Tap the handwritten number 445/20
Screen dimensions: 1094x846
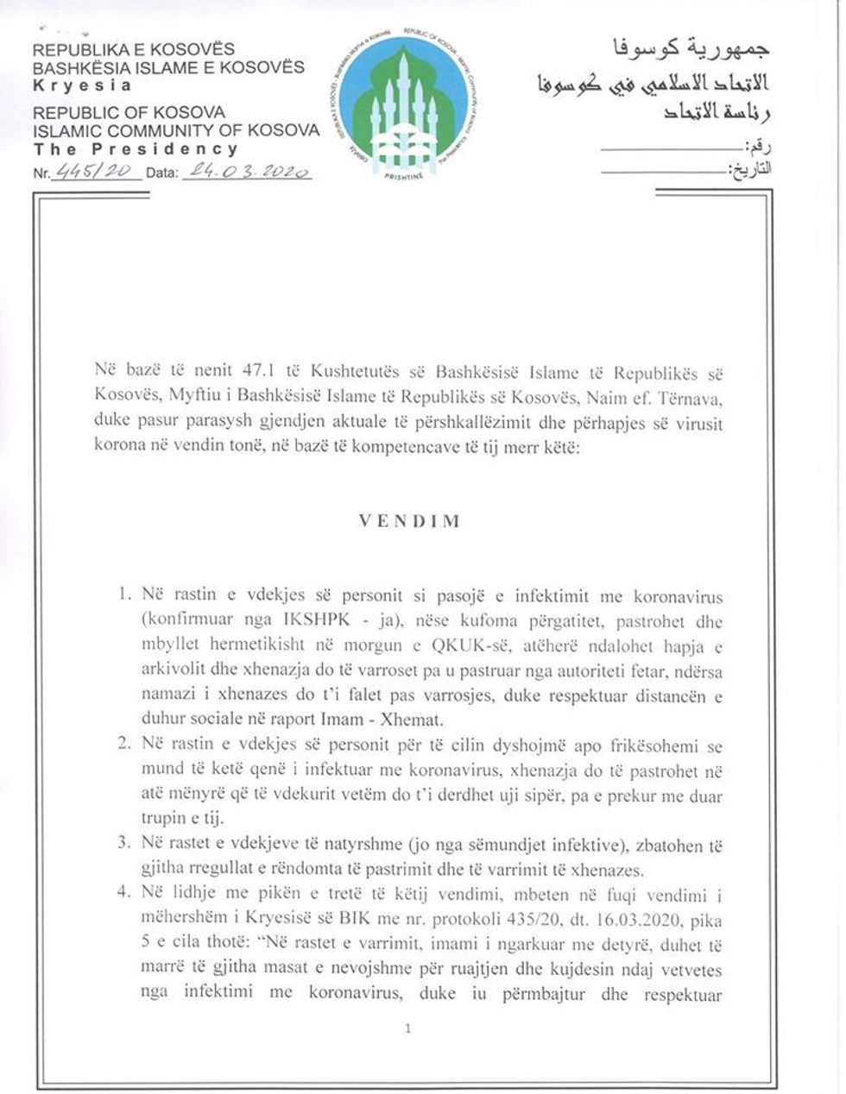[98, 171]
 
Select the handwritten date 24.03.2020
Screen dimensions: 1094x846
[245, 171]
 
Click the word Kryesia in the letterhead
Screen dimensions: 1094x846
[83, 85]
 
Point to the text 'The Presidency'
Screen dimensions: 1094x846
[135, 148]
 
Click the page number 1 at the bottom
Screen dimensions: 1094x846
[407, 1028]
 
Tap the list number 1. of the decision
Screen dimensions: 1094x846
[124, 596]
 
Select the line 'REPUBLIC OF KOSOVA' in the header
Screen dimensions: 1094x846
[129, 112]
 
